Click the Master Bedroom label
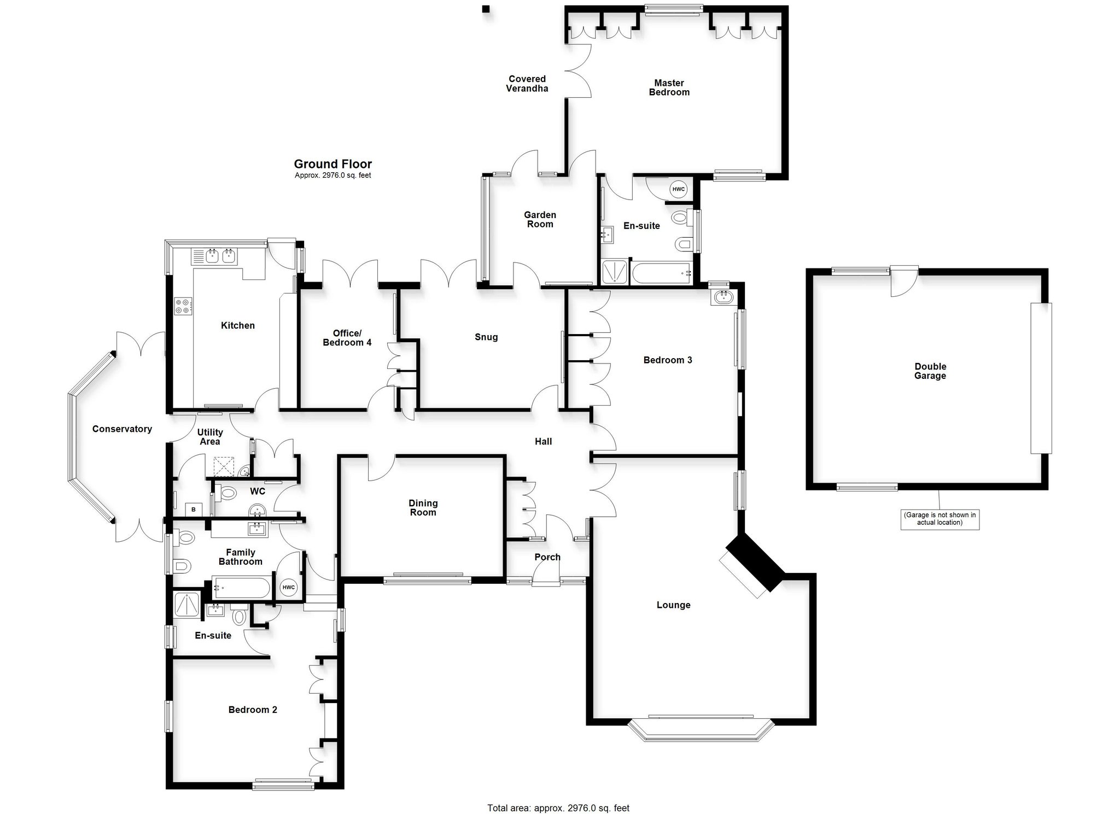tap(669, 87)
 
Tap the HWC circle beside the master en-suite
tap(678, 189)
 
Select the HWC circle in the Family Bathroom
tap(288, 588)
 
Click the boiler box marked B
tap(193, 510)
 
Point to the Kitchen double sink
tap(214, 256)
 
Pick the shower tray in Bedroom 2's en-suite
tap(188, 605)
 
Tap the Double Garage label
tap(930, 371)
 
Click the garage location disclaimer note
tap(940, 518)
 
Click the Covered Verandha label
tap(527, 84)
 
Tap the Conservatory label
tap(122, 429)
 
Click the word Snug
tap(486, 337)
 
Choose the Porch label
tap(547, 557)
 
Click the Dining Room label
tap(423, 508)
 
